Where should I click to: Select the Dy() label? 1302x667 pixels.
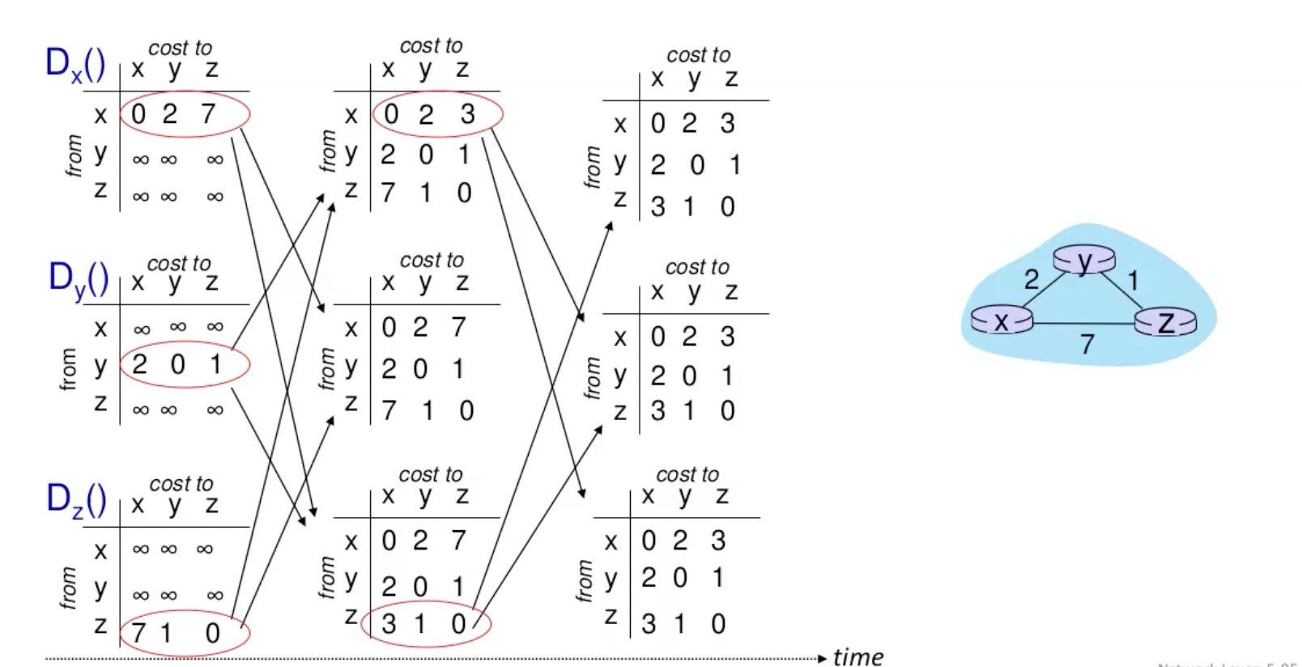click(79, 279)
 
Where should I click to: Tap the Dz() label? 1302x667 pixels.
click(76, 499)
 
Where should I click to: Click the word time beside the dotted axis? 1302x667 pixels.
click(857, 656)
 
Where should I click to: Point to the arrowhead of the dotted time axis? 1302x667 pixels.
click(823, 658)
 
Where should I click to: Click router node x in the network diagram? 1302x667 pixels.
click(1002, 321)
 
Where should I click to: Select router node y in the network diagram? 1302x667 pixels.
click(1084, 261)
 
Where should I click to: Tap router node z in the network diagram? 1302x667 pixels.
click(1165, 322)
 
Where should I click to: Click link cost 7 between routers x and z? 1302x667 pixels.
click(1087, 345)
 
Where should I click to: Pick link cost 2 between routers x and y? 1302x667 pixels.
click(1031, 280)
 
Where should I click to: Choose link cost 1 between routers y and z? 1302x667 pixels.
click(1133, 281)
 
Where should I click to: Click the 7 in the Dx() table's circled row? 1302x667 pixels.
click(208, 114)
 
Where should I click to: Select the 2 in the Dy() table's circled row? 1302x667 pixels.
click(139, 364)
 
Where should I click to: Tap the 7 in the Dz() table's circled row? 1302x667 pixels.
click(138, 632)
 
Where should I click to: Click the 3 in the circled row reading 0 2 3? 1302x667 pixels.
click(467, 114)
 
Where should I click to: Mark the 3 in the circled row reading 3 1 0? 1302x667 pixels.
click(389, 623)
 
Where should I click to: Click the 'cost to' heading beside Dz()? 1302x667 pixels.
click(181, 483)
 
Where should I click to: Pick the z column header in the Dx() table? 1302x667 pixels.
click(211, 70)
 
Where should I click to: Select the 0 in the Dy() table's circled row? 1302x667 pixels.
click(177, 364)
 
